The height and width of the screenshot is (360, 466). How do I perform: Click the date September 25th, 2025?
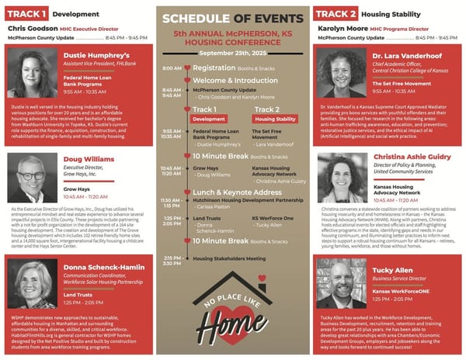point(232,53)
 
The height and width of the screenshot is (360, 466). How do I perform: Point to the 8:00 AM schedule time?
point(172,68)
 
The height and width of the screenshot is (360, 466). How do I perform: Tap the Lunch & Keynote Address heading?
point(237,192)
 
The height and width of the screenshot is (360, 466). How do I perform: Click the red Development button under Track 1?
point(209,119)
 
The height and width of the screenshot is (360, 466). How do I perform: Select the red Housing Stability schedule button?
point(275,119)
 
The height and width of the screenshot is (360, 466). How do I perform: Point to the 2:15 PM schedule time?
point(172,258)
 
